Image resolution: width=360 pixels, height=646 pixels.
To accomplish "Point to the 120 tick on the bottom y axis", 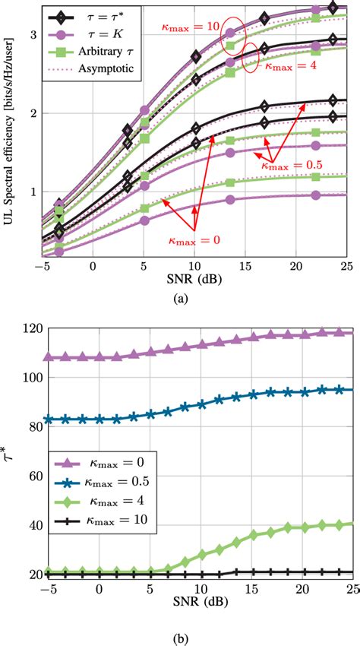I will [x=33, y=328].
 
